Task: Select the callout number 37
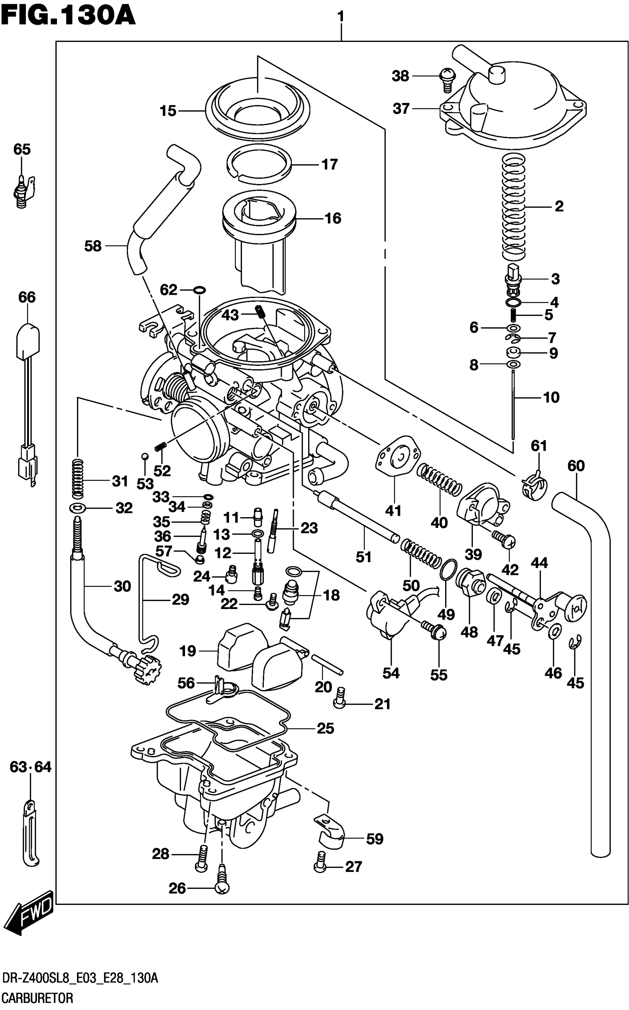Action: pyautogui.click(x=401, y=109)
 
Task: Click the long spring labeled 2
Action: pyautogui.click(x=514, y=206)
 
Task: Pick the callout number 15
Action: pyautogui.click(x=168, y=111)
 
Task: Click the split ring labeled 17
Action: pyautogui.click(x=258, y=164)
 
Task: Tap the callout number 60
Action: pyautogui.click(x=576, y=466)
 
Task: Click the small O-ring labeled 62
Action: pyautogui.click(x=200, y=289)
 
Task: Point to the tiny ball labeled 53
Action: pyautogui.click(x=144, y=456)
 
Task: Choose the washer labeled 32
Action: pyautogui.click(x=78, y=508)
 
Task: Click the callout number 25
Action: pyautogui.click(x=325, y=728)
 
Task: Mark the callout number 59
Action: pyautogui.click(x=374, y=839)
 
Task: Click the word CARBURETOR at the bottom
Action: pyautogui.click(x=37, y=998)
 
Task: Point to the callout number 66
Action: pyautogui.click(x=27, y=297)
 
